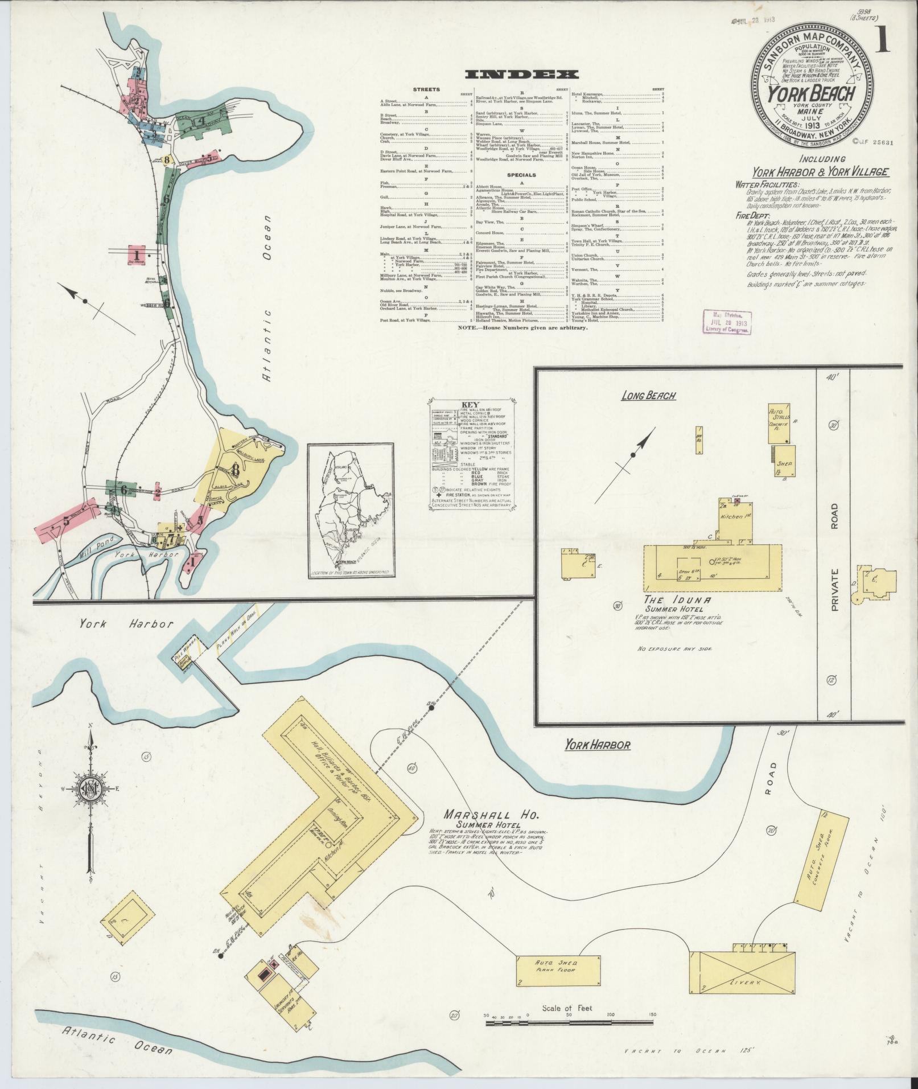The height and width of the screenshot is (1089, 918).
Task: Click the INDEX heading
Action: point(522,75)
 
